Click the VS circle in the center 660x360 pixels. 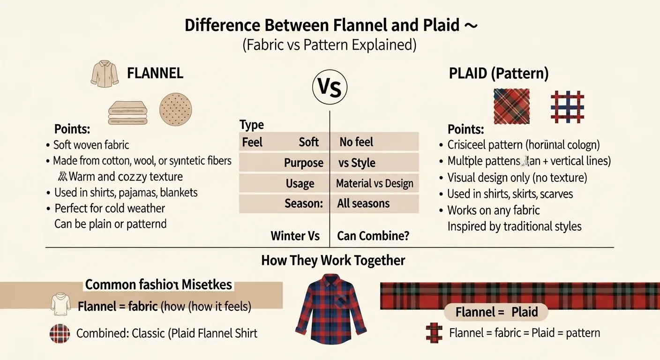coord(330,87)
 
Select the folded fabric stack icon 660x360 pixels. coord(127,112)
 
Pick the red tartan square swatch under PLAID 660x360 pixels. coord(511,106)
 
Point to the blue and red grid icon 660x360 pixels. coord(567,106)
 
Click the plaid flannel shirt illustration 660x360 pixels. coord(330,309)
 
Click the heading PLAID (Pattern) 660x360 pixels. coord(499,74)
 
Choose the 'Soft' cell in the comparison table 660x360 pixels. coord(308,142)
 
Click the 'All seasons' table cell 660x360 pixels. coord(363,203)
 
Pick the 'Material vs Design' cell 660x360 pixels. coord(375,183)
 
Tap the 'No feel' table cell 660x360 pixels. coord(356,142)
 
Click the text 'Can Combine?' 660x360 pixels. coord(373,236)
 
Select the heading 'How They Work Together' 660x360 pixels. coord(333,261)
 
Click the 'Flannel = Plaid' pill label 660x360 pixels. coord(496,312)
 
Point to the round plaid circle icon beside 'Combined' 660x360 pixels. coord(60,334)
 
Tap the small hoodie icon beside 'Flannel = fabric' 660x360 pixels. coord(60,304)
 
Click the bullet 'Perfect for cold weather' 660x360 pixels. coord(110,208)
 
